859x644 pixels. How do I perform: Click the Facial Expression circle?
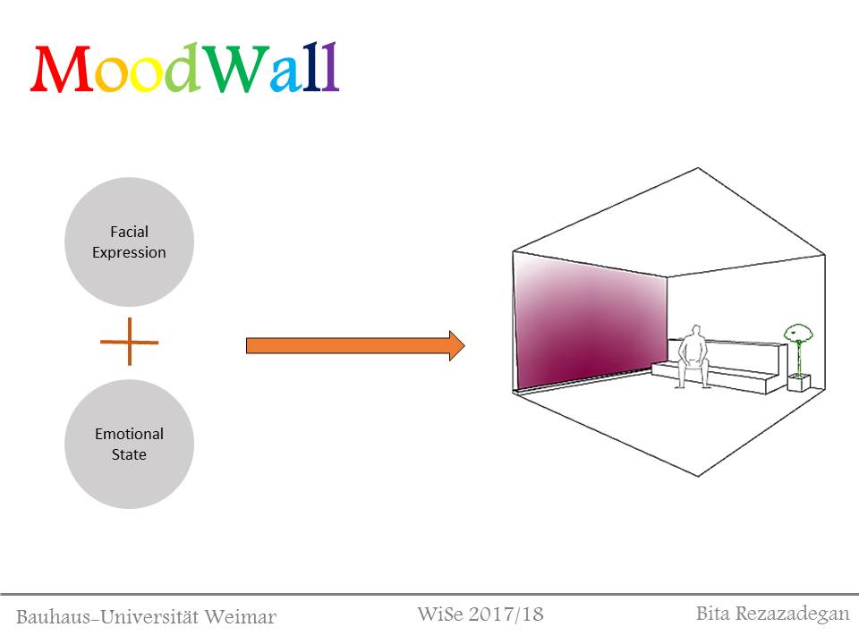[129, 242]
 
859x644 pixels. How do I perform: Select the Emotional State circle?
[129, 445]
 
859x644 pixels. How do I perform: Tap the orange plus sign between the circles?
[129, 342]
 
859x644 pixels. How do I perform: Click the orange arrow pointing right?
[354, 345]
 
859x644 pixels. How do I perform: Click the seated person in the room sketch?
[691, 358]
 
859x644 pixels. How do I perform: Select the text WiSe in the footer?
[438, 614]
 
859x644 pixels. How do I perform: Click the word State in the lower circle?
[129, 454]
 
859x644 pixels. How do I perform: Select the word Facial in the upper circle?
[129, 233]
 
